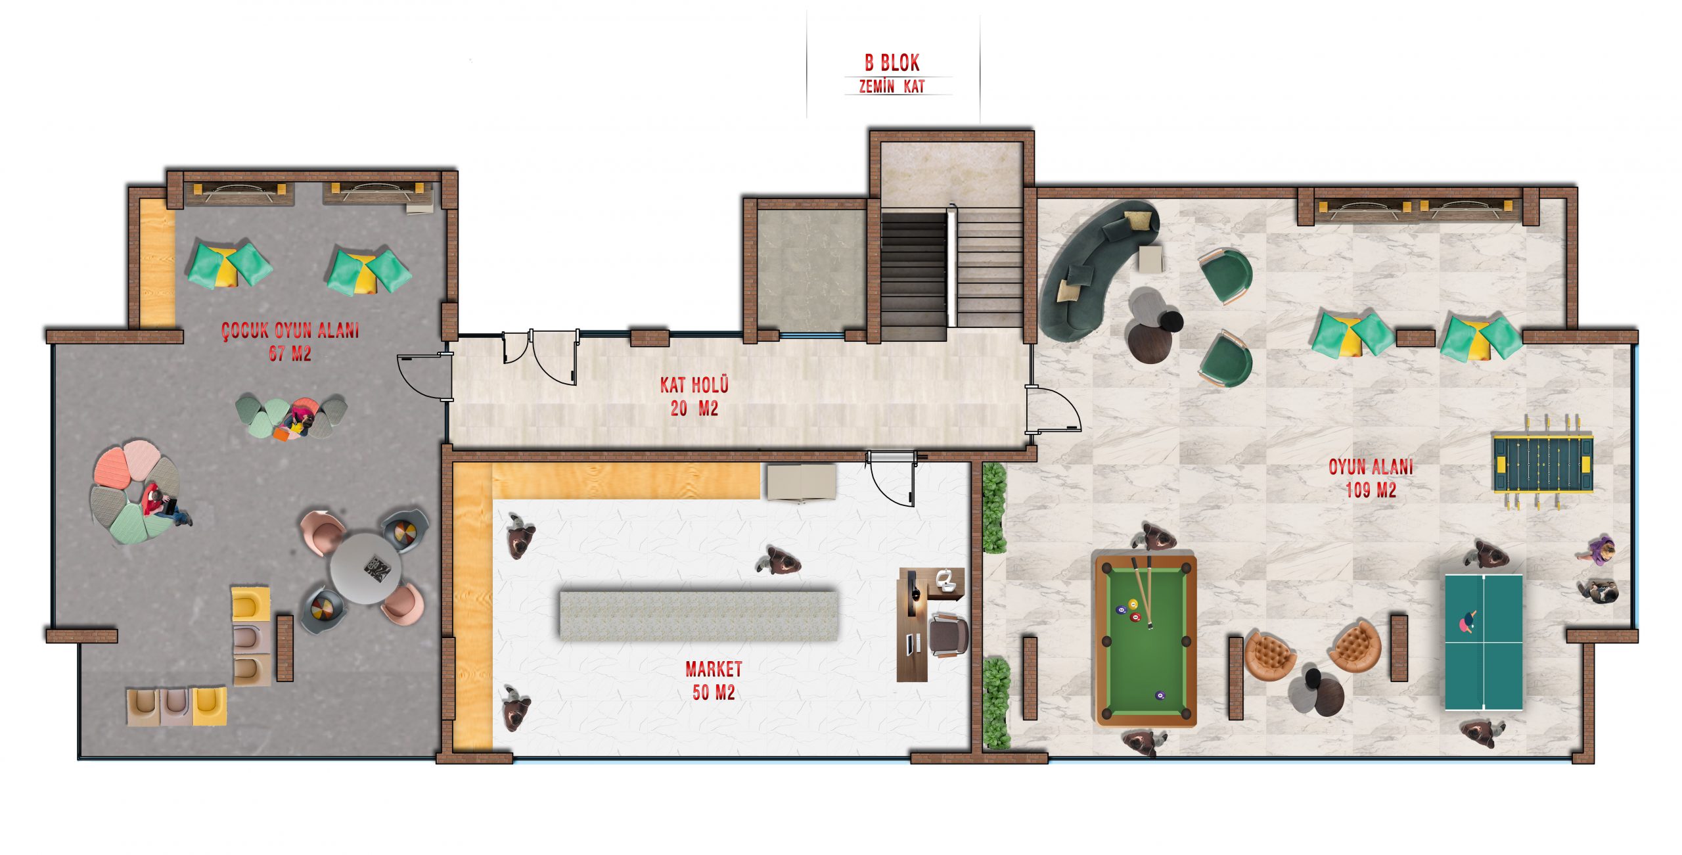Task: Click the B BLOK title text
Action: pos(892,63)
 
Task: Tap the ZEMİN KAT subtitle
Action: pos(892,86)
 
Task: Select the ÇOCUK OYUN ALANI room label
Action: pos(290,331)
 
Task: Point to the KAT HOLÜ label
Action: pos(694,384)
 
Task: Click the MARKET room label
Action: pos(714,669)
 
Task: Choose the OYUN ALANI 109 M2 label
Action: pos(1371,478)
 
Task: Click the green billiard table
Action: pos(1146,641)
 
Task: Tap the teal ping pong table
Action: pos(1484,642)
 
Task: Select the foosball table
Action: pos(1543,461)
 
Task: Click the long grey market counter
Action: pos(698,615)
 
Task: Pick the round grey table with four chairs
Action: pos(365,568)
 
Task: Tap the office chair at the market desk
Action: pos(948,635)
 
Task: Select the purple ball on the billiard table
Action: pos(1160,695)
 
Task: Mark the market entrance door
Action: pos(892,478)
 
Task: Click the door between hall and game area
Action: pos(1053,409)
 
